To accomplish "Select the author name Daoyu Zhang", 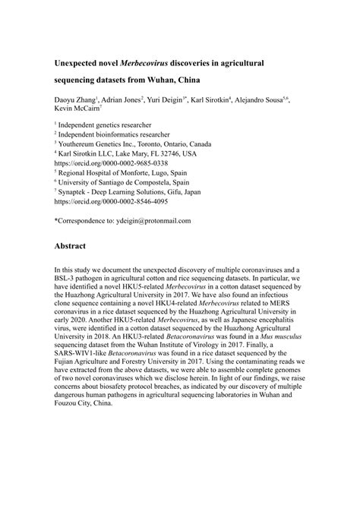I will pyautogui.click(x=74, y=99).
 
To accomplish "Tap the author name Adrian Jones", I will pyautogui.click(x=119, y=99).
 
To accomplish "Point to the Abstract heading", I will pyautogui.click(x=74, y=247).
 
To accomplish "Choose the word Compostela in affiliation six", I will pyautogui.click(x=169, y=182).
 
